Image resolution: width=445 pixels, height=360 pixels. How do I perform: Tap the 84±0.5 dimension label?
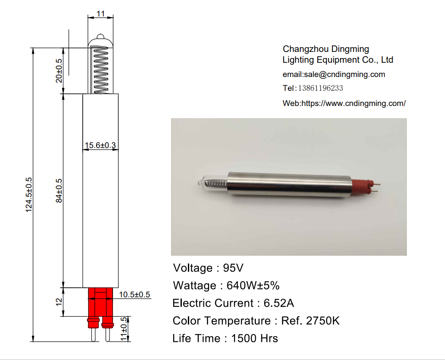coord(59,190)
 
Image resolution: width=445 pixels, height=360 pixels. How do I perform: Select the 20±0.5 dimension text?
coord(59,71)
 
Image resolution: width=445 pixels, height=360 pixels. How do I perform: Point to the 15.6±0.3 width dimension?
coord(100,145)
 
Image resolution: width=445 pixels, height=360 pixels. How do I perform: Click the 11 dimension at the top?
coord(100,14)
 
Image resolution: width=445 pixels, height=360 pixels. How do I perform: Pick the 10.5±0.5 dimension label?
coord(134,295)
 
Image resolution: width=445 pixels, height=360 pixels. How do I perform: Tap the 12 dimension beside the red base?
coord(59,301)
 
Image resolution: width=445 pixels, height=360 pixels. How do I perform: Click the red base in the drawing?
coord(100,303)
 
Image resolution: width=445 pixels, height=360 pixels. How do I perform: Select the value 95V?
coord(233,268)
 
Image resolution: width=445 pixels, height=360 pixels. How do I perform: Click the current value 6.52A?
coord(278,303)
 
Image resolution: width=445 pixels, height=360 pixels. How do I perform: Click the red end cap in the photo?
coord(360,187)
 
